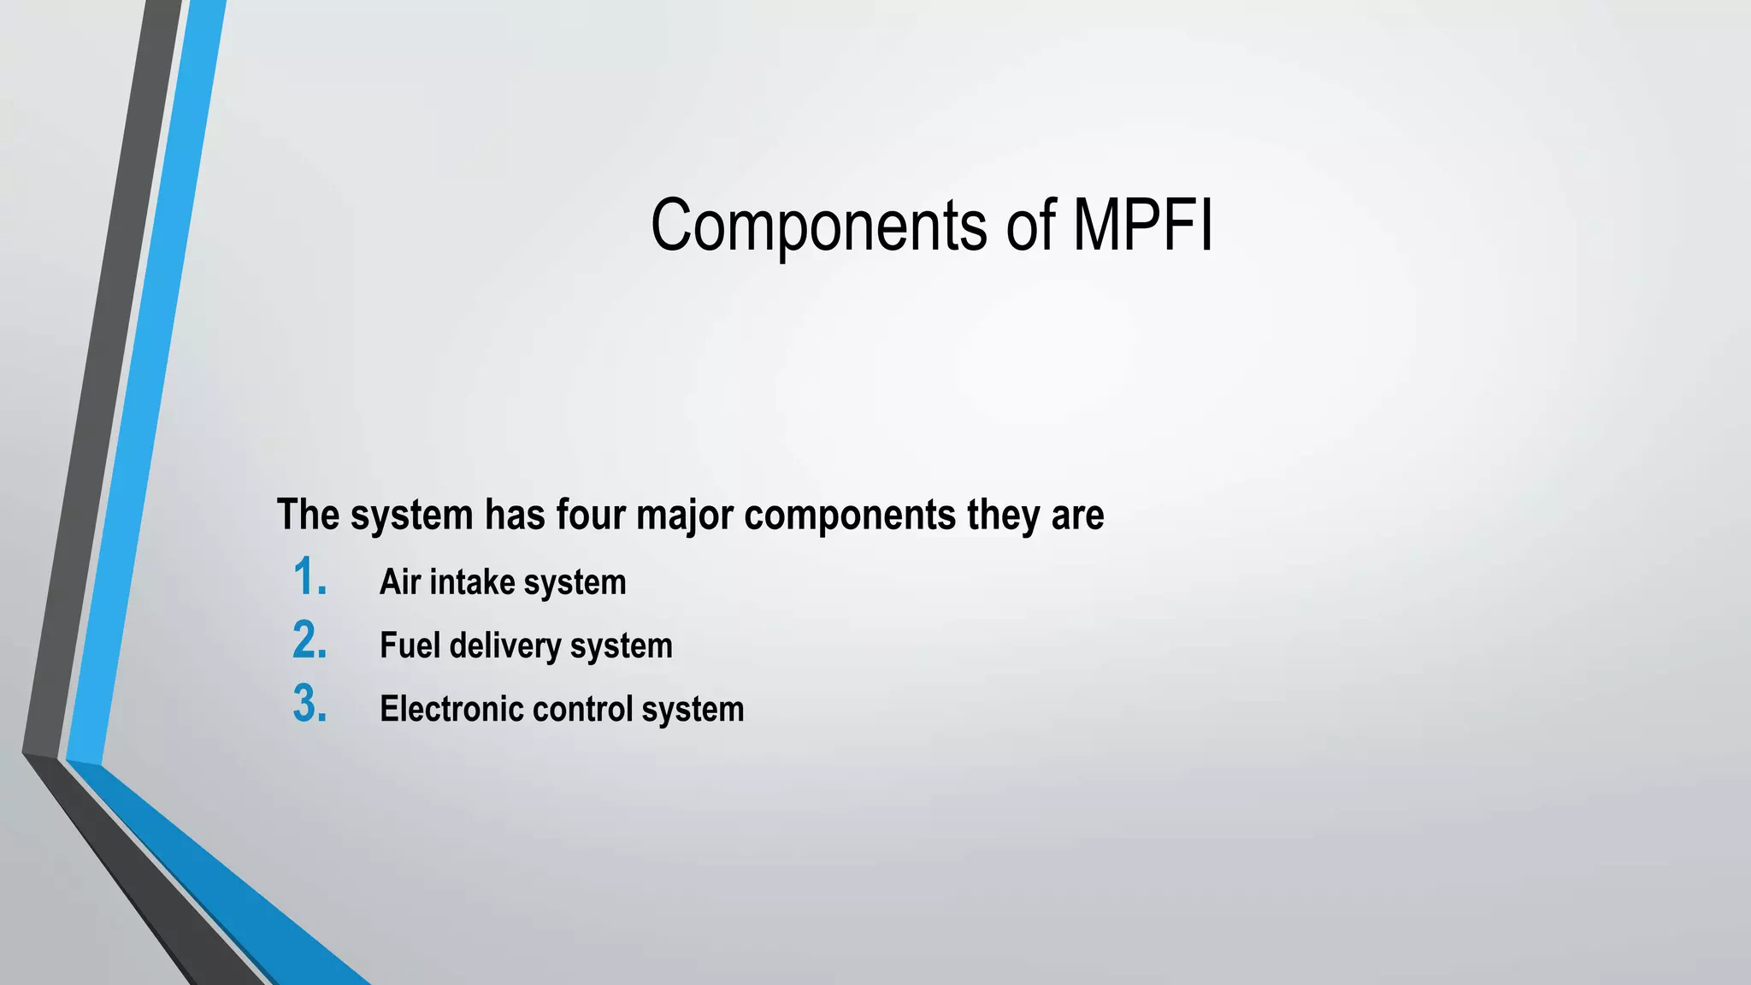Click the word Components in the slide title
[818, 226]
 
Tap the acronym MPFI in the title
[1142, 226]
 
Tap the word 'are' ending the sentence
[1077, 515]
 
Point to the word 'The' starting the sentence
[308, 515]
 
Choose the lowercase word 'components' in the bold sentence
[850, 515]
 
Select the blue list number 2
[309, 641]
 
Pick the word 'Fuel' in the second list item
[410, 646]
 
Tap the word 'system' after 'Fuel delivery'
[622, 646]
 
